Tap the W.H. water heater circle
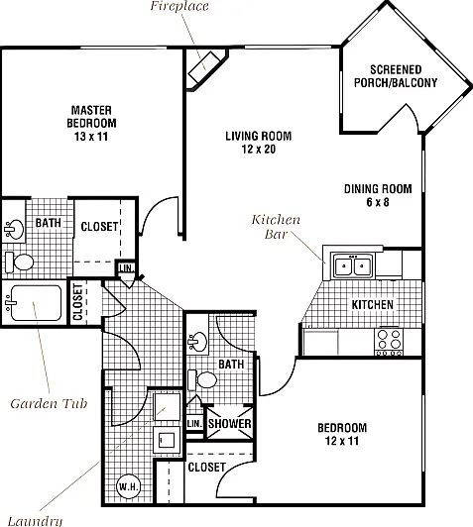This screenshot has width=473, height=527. coord(128,486)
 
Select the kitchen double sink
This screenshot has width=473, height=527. coord(352,265)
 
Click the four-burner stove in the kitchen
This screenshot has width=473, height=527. coord(389,342)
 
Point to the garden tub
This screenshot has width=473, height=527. coord(36,302)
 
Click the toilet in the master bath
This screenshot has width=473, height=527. coord(20,263)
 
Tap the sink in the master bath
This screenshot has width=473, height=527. coord(14,229)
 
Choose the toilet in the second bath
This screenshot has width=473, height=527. coord(202,380)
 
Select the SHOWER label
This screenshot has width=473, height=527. coord(229,424)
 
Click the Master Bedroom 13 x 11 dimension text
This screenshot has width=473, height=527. coord(91,137)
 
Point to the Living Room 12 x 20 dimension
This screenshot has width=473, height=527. coord(259,149)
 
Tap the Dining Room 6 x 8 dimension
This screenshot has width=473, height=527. coord(378,202)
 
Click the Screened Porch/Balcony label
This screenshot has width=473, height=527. coord(396,76)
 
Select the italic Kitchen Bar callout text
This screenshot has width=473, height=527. coord(276,227)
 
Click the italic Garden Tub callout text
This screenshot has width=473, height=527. coord(49,403)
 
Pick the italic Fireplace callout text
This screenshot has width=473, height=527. coord(179,6)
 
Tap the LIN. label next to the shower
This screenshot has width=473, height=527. coord(194,424)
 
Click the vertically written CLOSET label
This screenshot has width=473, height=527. coord(77,302)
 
